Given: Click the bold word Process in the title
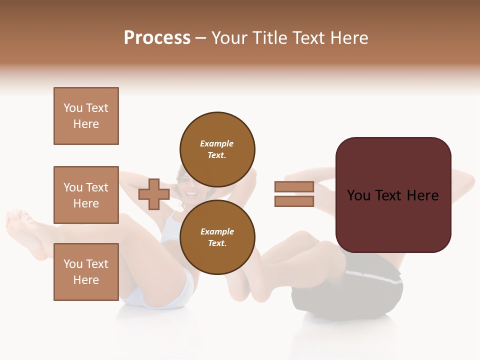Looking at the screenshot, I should click(157, 38).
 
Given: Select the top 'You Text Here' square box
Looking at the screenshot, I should click(86, 116).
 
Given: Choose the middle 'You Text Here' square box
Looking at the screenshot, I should click(86, 195).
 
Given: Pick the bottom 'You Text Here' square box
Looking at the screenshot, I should click(86, 272).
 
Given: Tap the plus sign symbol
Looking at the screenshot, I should click(153, 194).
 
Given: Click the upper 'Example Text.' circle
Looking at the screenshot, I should click(217, 149).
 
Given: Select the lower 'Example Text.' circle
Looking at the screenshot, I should click(217, 237).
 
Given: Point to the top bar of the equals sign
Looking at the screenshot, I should click(294, 187).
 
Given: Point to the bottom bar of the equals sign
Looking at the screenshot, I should click(294, 201).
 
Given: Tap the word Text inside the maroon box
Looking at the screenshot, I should click(393, 195).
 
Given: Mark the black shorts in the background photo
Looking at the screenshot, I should click(350, 295).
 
